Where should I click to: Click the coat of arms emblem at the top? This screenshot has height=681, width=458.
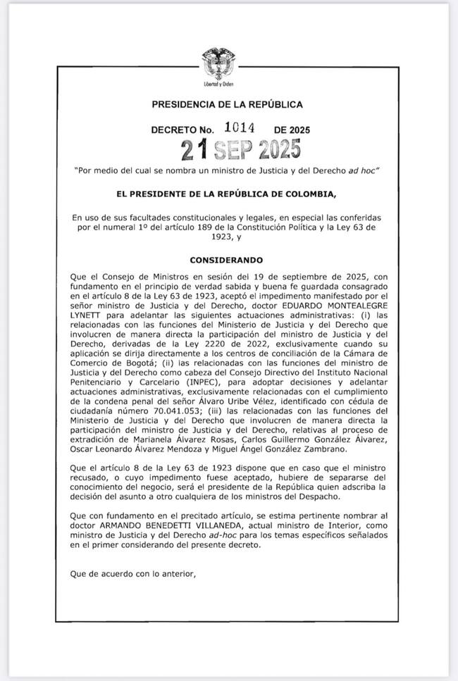click(x=218, y=63)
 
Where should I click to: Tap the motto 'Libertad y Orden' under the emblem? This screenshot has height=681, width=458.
click(x=218, y=84)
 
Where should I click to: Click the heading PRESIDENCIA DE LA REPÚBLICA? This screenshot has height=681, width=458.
click(x=228, y=105)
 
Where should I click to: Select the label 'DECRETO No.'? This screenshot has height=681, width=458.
click(x=182, y=130)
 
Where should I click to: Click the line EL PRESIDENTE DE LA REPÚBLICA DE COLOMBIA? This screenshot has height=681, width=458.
click(x=228, y=194)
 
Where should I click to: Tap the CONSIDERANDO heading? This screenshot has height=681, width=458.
click(x=226, y=261)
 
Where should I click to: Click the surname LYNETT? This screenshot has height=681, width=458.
click(x=86, y=317)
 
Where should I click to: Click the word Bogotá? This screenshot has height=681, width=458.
click(x=104, y=363)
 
